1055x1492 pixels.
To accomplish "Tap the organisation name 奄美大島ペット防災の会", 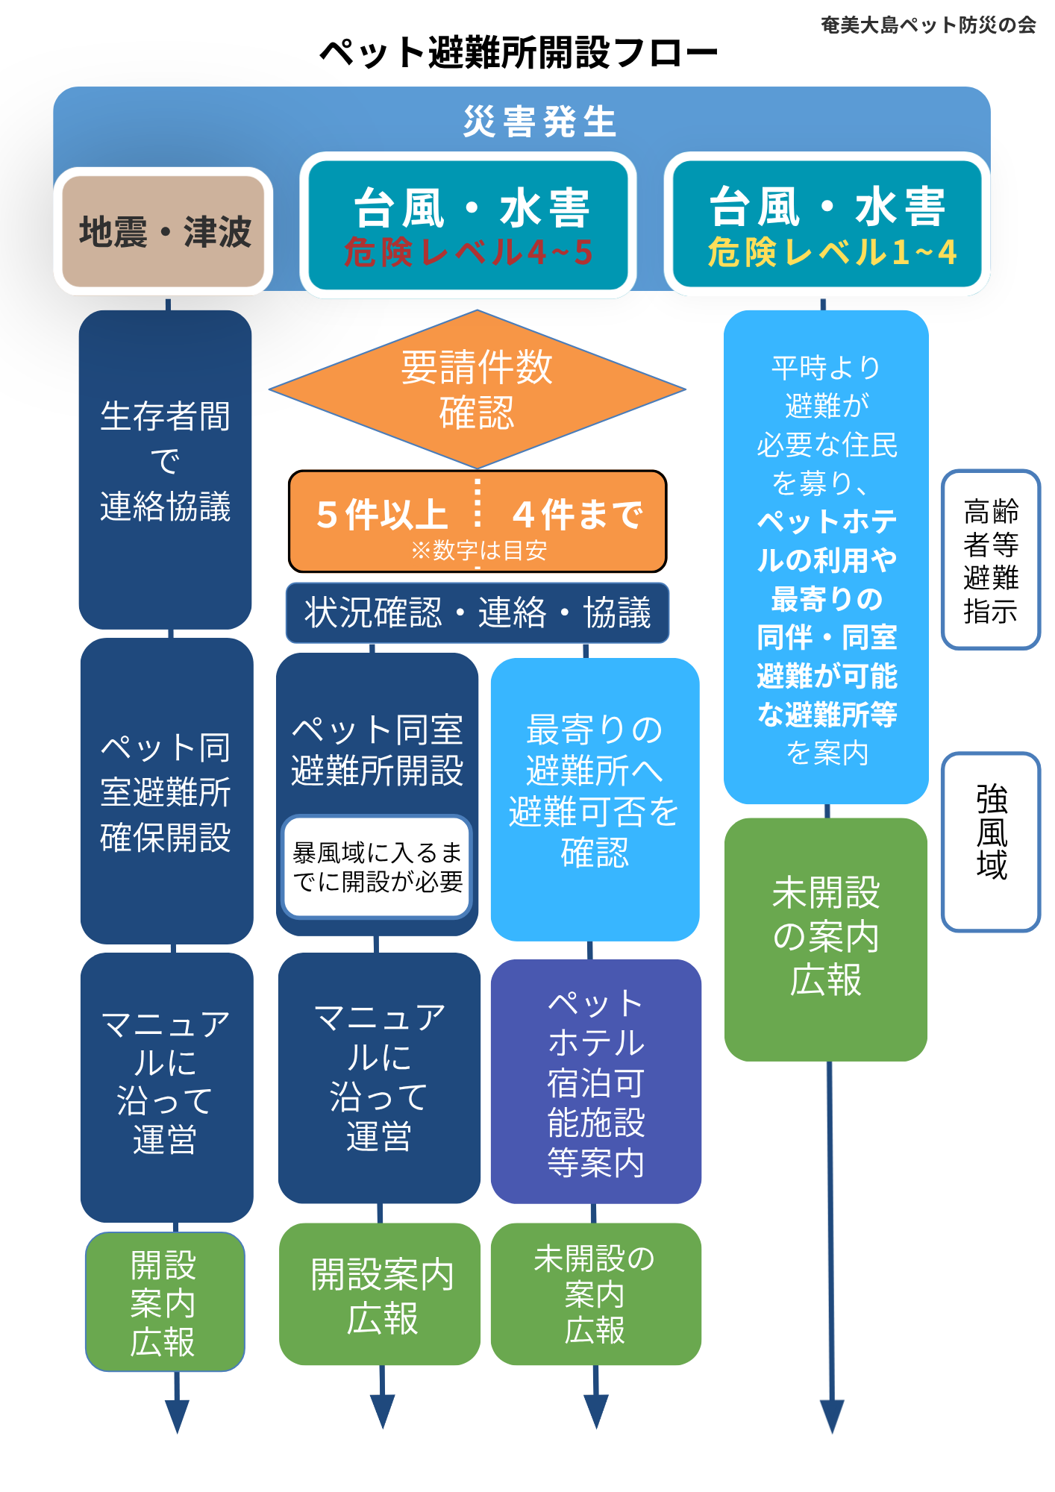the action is pos(928,25).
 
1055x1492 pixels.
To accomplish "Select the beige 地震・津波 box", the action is pos(163,231).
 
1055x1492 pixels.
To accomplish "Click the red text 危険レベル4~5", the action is pos(468,252).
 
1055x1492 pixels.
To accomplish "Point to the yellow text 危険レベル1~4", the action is pos(832,252).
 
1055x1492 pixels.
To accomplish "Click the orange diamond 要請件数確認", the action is pos(477,389).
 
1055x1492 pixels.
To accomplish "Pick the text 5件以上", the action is pos(381,514).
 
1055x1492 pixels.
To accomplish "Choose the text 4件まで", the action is pos(577,514).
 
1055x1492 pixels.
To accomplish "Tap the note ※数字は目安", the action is pos(478,551).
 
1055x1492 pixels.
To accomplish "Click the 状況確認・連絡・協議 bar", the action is pos(478,612).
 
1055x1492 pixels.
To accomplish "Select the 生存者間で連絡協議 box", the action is pos(165,470).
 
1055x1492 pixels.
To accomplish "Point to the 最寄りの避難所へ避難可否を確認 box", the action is pos(595,799).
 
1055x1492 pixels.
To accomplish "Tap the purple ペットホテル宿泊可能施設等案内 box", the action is pos(595,1081).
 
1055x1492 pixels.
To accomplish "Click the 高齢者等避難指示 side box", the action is pos(990,559).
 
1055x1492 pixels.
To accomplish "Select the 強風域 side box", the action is pos(990,841).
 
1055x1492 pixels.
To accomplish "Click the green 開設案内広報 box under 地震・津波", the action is pos(165,1302).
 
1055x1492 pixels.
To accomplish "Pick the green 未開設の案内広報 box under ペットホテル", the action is pos(595,1294).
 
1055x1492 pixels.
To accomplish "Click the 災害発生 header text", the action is pos(539,122).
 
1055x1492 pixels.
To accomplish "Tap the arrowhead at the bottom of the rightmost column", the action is pos(832,1416).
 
